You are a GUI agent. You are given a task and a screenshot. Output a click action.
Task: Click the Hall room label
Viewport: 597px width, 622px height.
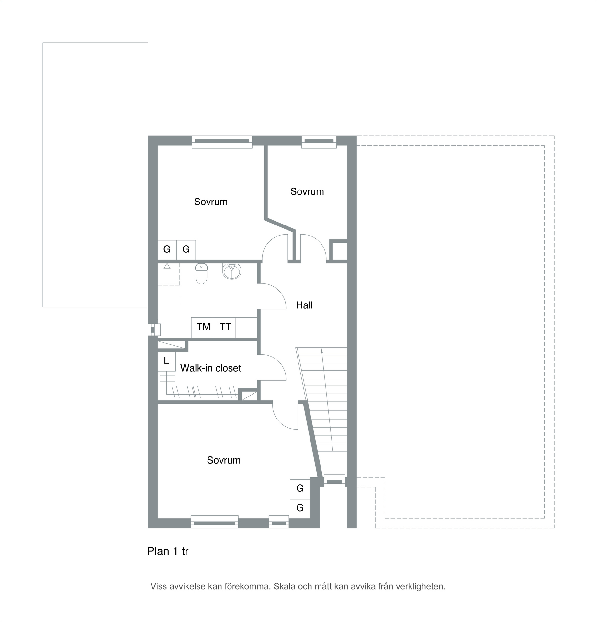(304, 305)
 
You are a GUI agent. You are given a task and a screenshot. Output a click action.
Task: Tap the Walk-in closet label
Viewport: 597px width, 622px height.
(210, 368)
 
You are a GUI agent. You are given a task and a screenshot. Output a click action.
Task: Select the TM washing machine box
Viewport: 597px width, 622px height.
(202, 328)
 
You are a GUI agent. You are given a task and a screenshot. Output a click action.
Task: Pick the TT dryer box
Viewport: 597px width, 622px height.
(224, 328)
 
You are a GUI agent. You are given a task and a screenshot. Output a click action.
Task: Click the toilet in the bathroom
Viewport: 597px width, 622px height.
(201, 274)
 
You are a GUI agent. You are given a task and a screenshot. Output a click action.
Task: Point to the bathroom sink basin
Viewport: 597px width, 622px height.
(232, 271)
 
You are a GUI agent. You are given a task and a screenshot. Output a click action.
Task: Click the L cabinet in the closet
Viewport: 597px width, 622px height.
(166, 361)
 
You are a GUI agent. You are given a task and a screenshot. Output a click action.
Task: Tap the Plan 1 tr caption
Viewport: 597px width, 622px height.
(168, 551)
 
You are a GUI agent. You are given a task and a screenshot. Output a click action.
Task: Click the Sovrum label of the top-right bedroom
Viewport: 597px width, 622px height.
(307, 191)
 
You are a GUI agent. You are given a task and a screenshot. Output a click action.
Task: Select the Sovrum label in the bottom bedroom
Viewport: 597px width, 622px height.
(224, 460)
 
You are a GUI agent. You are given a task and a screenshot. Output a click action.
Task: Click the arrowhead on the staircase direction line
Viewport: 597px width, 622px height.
(321, 351)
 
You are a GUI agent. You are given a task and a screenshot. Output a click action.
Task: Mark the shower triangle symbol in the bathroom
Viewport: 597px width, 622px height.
(167, 266)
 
